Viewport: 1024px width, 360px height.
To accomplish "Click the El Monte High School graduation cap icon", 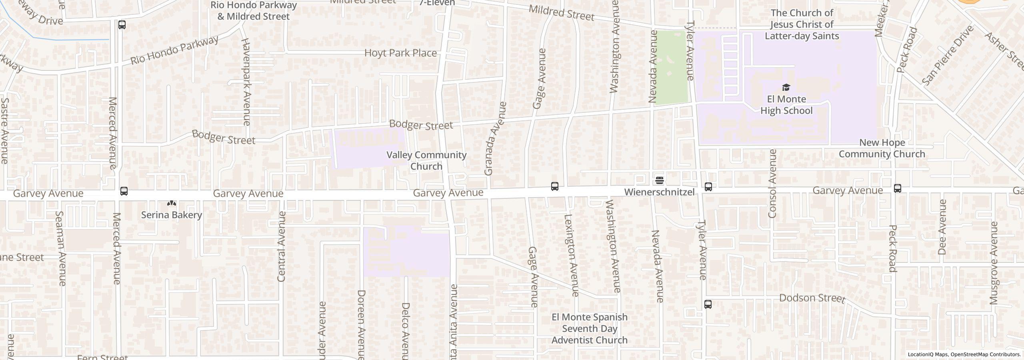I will (x=786, y=87).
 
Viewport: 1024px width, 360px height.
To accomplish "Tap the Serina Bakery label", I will (x=171, y=215).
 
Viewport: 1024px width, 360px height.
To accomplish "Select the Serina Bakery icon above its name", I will (x=172, y=203).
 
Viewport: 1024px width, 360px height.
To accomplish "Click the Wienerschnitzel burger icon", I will (x=660, y=180).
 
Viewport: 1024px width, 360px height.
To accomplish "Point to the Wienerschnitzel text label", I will (x=659, y=192).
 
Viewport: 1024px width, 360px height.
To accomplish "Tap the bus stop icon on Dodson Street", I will (x=708, y=304).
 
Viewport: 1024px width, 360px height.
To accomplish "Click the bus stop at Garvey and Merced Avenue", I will (x=124, y=191).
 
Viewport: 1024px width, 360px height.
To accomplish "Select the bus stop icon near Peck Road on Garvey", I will (x=897, y=188).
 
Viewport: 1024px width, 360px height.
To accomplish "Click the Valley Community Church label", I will (x=426, y=160).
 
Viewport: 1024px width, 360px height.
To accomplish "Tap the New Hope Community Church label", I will (x=882, y=148).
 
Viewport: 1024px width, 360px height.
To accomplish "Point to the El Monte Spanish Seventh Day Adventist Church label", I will (x=589, y=328).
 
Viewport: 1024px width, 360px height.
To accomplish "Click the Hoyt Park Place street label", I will (x=400, y=53).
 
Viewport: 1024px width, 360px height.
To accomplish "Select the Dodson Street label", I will (x=812, y=298).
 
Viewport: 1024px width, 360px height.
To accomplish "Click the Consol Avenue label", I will (x=772, y=183).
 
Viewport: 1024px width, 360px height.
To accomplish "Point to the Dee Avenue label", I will (x=942, y=227).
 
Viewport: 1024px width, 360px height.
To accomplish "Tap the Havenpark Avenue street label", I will (x=246, y=82).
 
